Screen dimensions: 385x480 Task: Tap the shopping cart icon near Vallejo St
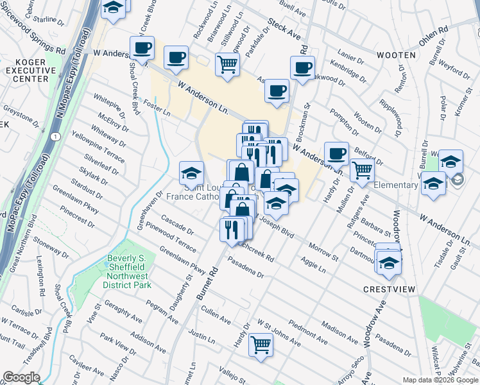click(x=261, y=345)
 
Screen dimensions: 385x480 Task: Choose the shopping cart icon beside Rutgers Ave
click(x=362, y=170)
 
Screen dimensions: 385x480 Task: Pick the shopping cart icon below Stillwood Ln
click(x=227, y=64)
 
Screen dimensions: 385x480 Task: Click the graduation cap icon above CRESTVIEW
click(x=389, y=263)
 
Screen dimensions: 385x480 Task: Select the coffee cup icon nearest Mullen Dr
click(x=336, y=153)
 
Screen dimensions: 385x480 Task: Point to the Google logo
click(x=21, y=377)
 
